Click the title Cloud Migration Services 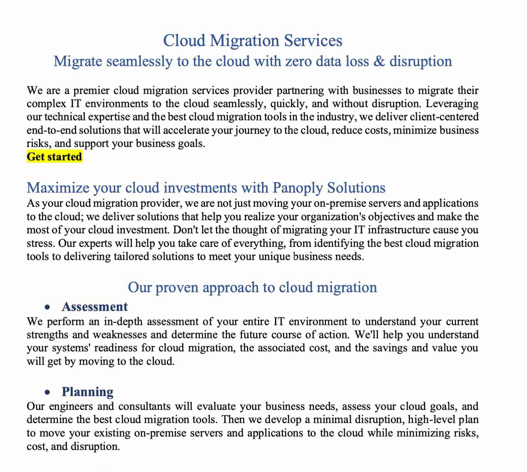coord(253,41)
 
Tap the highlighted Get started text coord(54,157)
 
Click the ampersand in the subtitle coord(379,62)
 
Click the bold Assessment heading coord(95,307)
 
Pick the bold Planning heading coord(87,392)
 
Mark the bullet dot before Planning coord(48,392)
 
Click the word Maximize coord(58,188)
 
